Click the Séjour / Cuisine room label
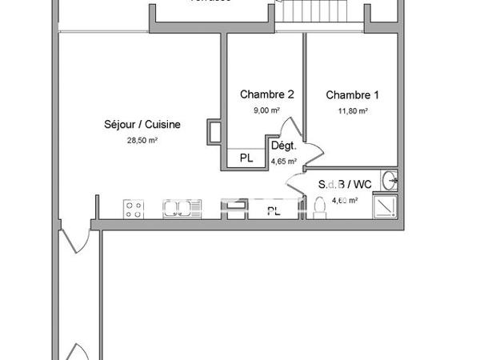[x=142, y=124]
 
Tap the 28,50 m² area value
[x=142, y=140]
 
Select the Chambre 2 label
[x=267, y=94]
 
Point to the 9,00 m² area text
[x=267, y=111]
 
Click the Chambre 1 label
[x=352, y=94]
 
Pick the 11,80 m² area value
[x=352, y=111]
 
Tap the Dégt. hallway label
[x=284, y=146]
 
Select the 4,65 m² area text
[x=284, y=161]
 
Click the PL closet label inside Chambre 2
[x=246, y=158]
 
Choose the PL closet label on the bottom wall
[x=274, y=211]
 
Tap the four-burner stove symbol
[x=134, y=209]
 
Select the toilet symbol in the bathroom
[x=320, y=208]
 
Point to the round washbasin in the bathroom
[x=389, y=179]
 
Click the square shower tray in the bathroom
[x=387, y=206]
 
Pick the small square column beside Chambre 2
[x=215, y=131]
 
